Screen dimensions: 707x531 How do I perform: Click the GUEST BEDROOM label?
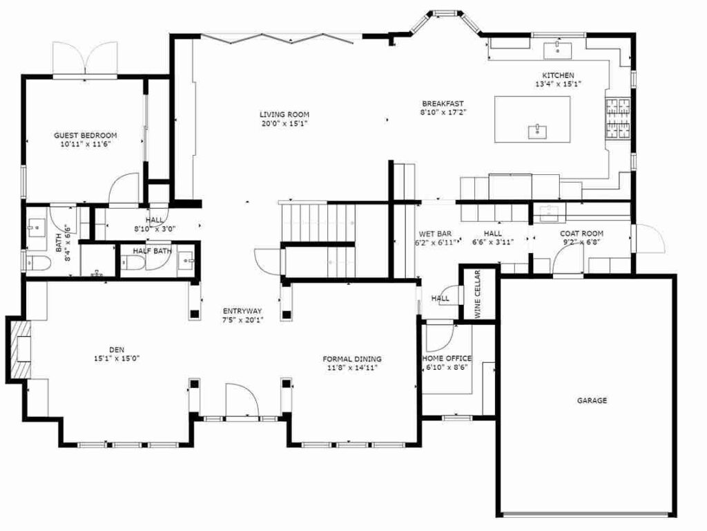pyautogui.click(x=85, y=135)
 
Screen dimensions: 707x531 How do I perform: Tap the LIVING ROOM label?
pyautogui.click(x=284, y=114)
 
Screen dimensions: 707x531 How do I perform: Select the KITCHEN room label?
pyautogui.click(x=558, y=75)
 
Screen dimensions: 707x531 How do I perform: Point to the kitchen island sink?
pyautogui.click(x=537, y=132)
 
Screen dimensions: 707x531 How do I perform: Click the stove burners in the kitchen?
pyautogui.click(x=618, y=118)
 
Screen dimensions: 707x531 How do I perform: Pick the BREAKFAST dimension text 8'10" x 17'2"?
pyautogui.click(x=443, y=112)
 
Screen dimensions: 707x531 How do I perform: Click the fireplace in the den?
pyautogui.click(x=19, y=349)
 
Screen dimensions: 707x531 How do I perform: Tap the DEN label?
pyautogui.click(x=117, y=349)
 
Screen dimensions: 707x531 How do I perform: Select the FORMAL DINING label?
pyautogui.click(x=352, y=359)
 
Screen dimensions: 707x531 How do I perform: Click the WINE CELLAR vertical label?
pyautogui.click(x=478, y=293)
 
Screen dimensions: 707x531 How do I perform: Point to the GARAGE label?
pyautogui.click(x=592, y=400)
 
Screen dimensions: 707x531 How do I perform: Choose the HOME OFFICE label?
pyautogui.click(x=447, y=358)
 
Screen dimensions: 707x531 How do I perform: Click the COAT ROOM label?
pyautogui.click(x=581, y=234)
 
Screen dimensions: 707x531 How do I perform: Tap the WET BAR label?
pyautogui.click(x=435, y=234)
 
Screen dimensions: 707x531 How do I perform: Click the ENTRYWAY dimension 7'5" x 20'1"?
pyautogui.click(x=242, y=319)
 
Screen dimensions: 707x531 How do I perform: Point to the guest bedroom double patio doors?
pyautogui.click(x=85, y=59)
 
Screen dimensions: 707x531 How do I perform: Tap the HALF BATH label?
pyautogui.click(x=152, y=250)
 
